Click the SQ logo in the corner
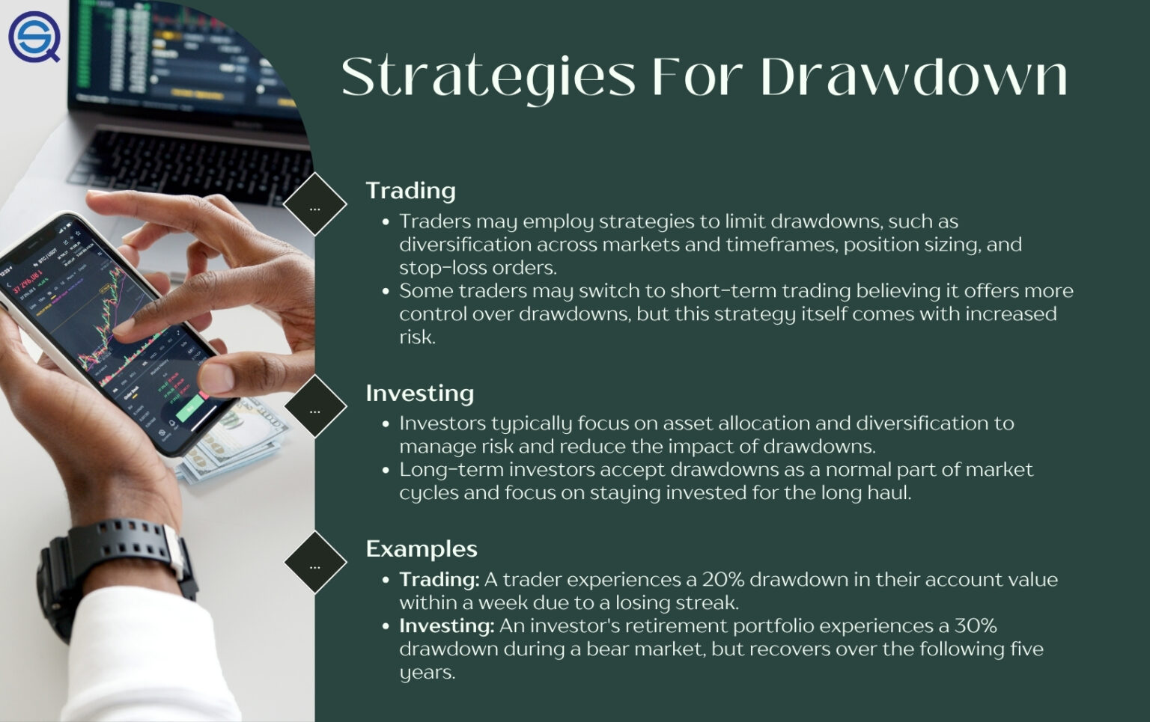coord(34,36)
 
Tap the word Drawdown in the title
coord(913,77)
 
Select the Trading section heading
coord(410,191)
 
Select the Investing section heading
coord(419,393)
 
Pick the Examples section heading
coord(421,548)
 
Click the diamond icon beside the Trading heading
coord(315,204)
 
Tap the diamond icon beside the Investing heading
coord(315,406)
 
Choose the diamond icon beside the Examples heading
coord(315,563)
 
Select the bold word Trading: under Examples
coord(439,580)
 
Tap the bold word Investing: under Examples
coord(446,626)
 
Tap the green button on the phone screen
coord(189,408)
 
